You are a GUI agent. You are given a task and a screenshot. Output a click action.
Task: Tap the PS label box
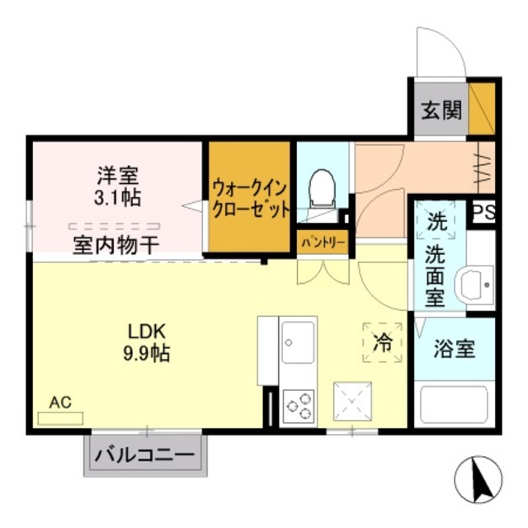coord(483,213)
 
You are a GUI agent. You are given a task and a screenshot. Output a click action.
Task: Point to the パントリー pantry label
coord(323,243)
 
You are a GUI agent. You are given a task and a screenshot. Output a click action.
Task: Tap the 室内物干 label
coord(116,245)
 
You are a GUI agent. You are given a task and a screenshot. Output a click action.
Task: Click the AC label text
coord(60,402)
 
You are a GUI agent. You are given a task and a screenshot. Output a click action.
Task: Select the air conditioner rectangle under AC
coord(60,418)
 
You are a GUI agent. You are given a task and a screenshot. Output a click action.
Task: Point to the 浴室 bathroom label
coord(455,349)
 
